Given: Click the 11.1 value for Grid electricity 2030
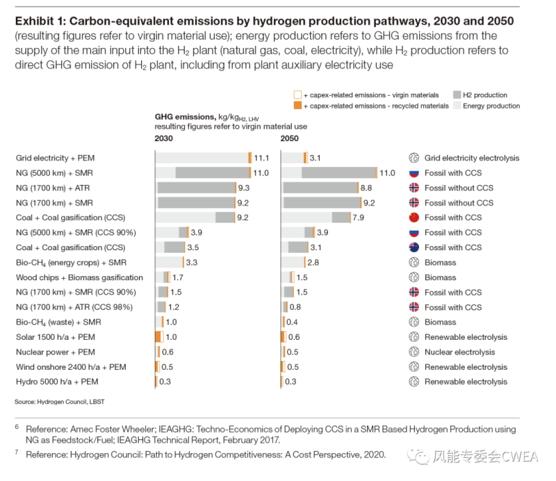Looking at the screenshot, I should pyautogui.click(x=261, y=158).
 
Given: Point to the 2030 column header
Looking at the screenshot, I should pyautogui.click(x=164, y=139).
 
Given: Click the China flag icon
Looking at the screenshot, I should pyautogui.click(x=414, y=218).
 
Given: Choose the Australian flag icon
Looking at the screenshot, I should pyautogui.click(x=414, y=247).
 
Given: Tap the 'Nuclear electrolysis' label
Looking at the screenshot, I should pyautogui.click(x=460, y=352).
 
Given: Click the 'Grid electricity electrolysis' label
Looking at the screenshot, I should pyautogui.click(x=471, y=158).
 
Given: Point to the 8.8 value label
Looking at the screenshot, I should pyautogui.click(x=366, y=188).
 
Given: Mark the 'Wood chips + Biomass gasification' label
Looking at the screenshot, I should pyautogui.click(x=79, y=277).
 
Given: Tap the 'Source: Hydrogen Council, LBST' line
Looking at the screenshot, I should pyautogui.click(x=59, y=402).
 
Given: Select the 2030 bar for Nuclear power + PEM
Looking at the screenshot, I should pyautogui.click(x=158, y=352).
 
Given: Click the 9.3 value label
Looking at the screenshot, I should pyautogui.click(x=243, y=188).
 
